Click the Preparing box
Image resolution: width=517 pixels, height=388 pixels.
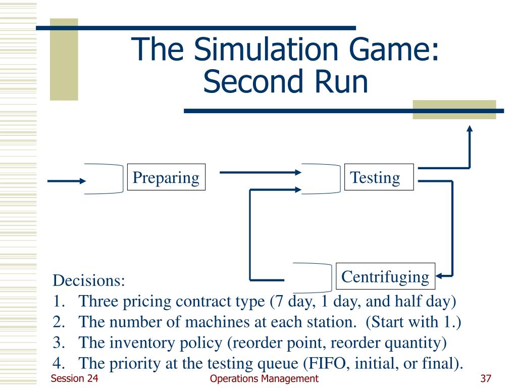(166, 177)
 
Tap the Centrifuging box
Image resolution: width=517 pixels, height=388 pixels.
(385, 276)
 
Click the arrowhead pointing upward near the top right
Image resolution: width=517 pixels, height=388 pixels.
(470, 129)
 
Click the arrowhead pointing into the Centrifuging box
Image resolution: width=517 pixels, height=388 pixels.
(439, 276)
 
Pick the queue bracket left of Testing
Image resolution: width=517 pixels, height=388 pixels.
(322, 179)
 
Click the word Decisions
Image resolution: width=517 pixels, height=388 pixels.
(88, 279)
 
